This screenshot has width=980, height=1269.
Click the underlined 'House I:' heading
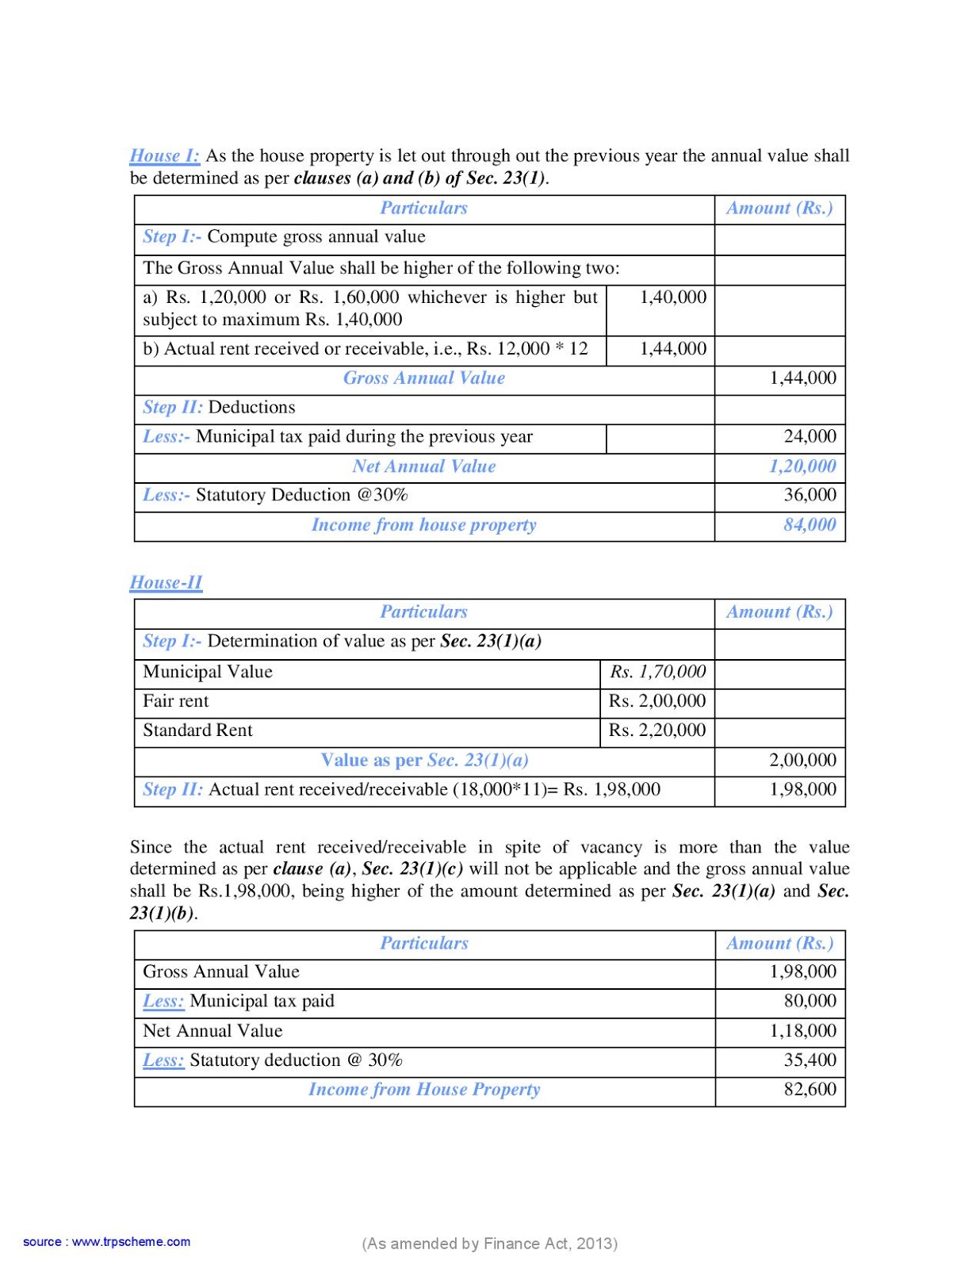164,155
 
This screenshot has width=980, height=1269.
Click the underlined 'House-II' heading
166,582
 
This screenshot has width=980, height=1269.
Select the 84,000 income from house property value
809,524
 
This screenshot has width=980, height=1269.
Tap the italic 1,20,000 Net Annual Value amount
802,466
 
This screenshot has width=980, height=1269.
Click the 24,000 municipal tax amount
810,436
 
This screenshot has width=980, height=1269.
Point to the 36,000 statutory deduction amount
810,495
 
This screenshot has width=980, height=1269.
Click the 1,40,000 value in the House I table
672,297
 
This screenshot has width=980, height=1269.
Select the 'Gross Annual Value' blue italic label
423,378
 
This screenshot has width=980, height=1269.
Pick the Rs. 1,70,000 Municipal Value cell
657,672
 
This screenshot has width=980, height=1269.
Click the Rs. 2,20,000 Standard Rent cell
657,730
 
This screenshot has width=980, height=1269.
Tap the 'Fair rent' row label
175,701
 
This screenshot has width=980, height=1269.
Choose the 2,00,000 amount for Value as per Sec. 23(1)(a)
802,760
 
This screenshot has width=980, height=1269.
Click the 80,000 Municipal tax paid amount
810,1001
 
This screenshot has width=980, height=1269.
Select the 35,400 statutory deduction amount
810,1060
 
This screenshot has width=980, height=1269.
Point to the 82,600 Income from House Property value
810,1089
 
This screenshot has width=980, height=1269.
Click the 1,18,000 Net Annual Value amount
802,1030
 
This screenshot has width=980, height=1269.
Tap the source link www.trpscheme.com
131,1241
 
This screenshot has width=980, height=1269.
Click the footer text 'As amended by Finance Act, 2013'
489,1243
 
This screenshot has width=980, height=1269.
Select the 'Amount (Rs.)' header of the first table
779,208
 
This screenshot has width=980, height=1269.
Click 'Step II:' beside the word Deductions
172,407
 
